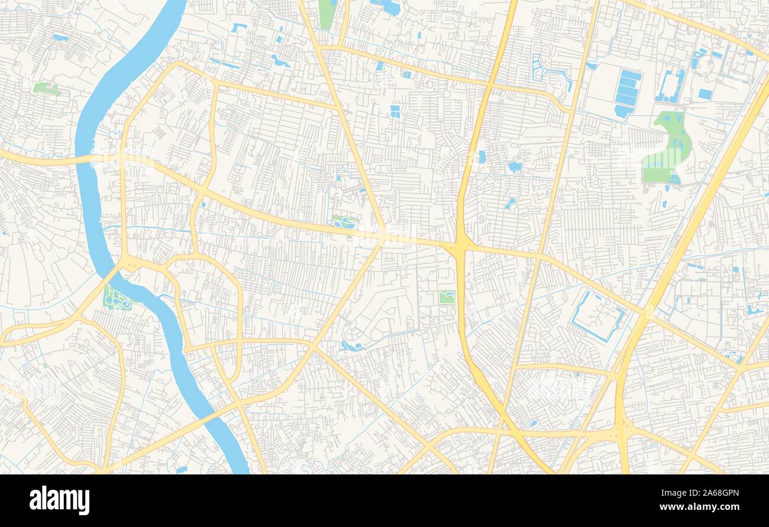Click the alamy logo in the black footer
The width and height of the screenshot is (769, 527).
click(x=60, y=500)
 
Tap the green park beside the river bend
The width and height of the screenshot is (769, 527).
click(x=116, y=297)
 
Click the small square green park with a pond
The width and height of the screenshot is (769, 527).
click(x=447, y=297)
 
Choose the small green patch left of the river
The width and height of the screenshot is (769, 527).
click(x=46, y=89)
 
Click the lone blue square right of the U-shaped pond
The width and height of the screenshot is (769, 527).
click(x=705, y=94)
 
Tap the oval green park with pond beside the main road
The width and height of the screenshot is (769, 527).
click(x=344, y=223)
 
